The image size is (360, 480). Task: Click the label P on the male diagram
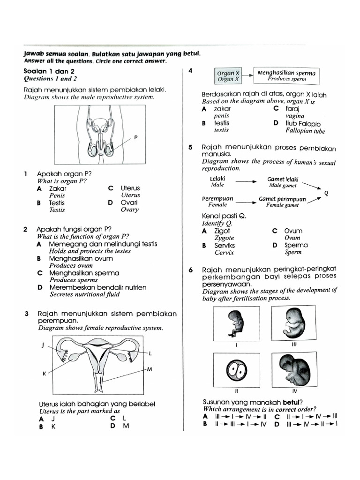tap(136, 137)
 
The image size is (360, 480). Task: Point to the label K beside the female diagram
tap(45, 374)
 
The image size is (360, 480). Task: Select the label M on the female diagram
tap(150, 370)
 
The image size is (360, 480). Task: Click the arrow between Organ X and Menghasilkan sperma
tap(247, 75)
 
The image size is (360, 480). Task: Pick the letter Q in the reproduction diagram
tap(326, 193)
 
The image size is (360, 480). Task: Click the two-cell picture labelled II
tap(237, 371)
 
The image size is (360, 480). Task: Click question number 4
tap(190, 71)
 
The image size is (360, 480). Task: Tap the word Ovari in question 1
tap(130, 203)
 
